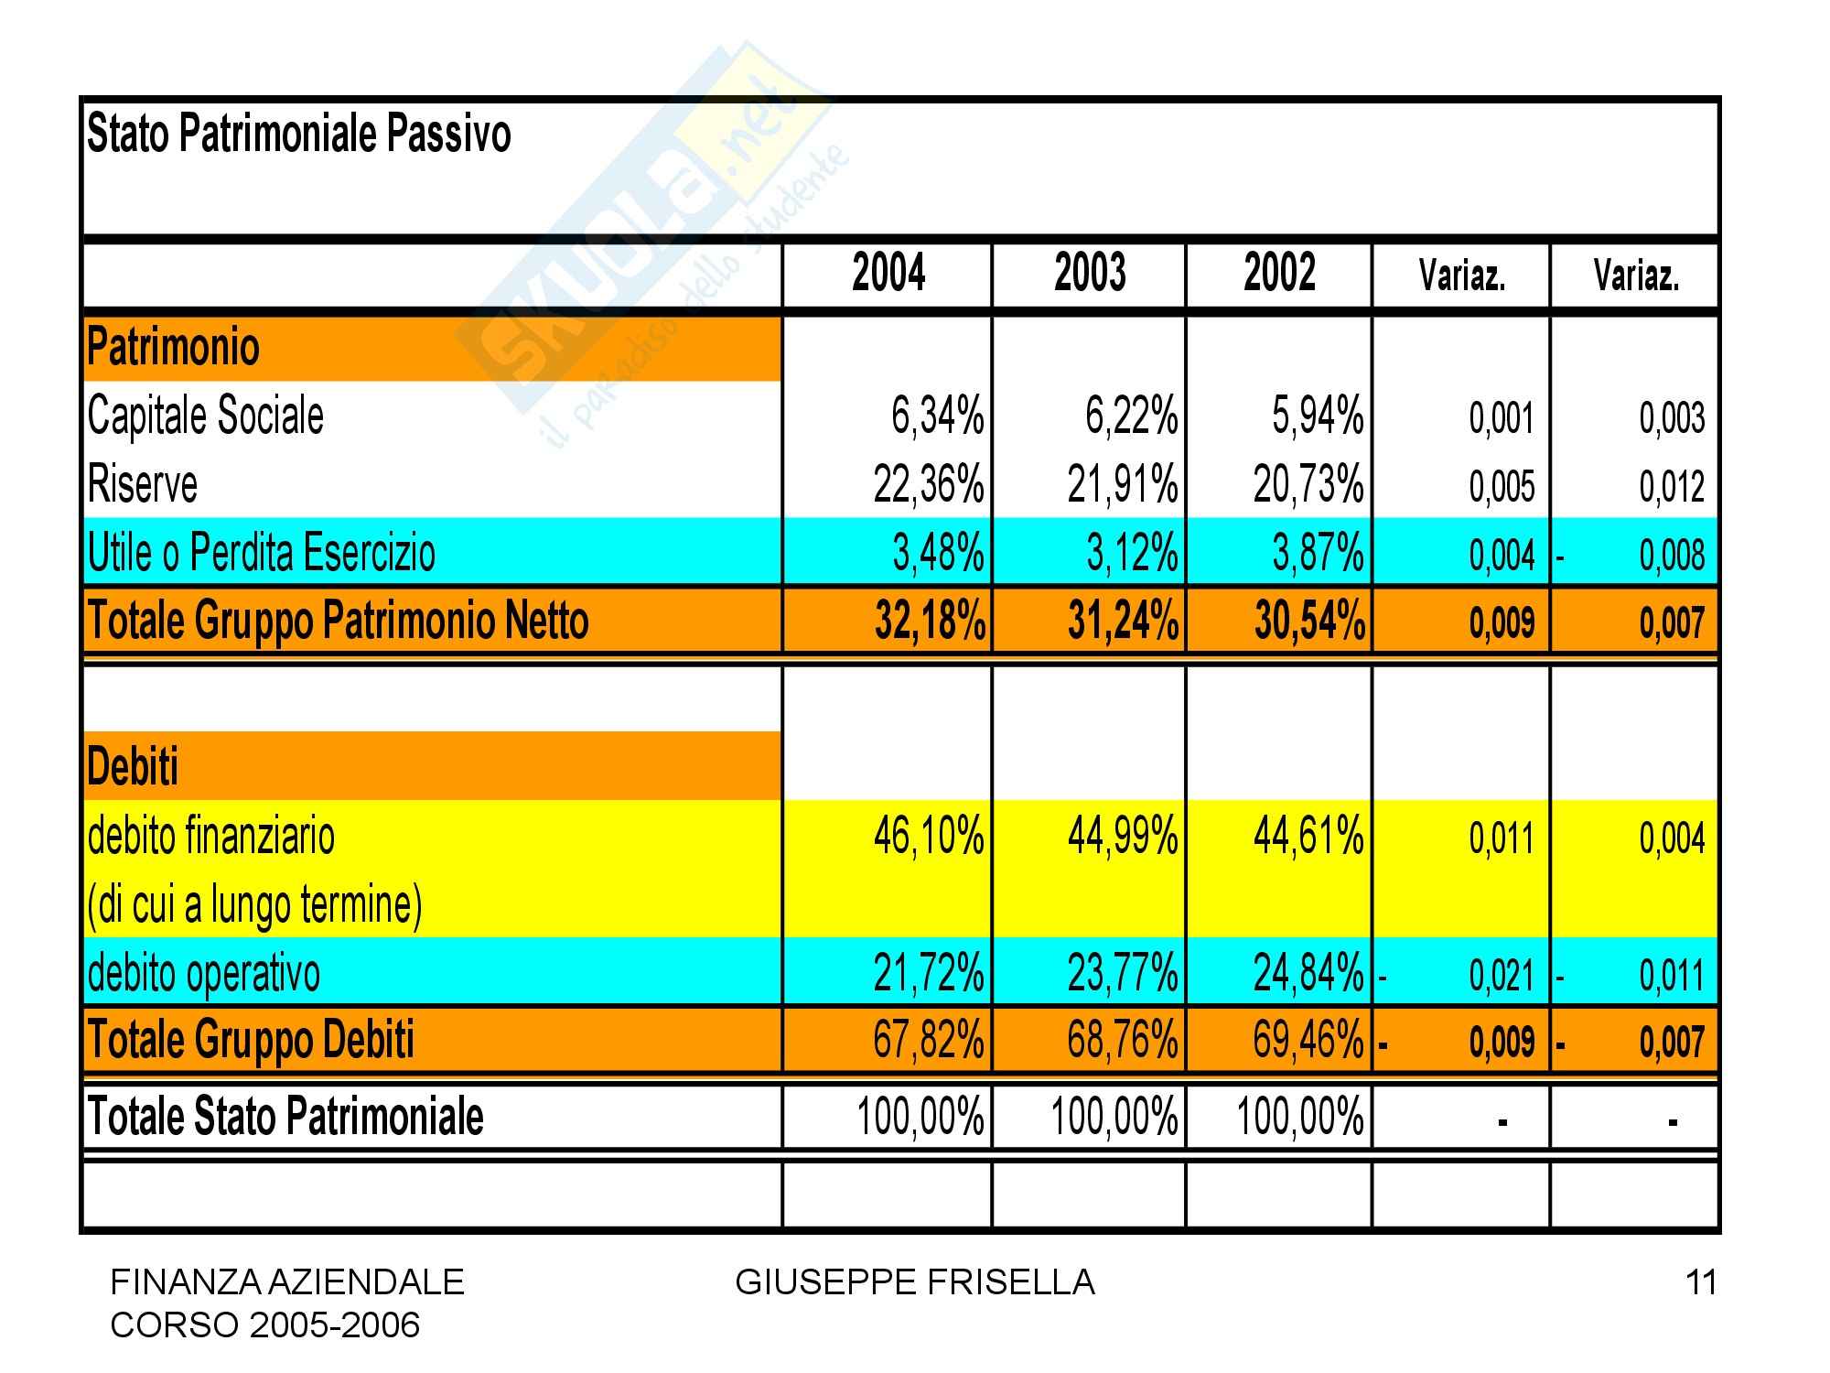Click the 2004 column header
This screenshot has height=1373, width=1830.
pyautogui.click(x=888, y=274)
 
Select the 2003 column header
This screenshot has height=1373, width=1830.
pyautogui.click(x=1090, y=274)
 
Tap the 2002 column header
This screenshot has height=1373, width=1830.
pyautogui.click(x=1279, y=274)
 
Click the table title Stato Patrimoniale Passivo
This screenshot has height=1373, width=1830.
pyautogui.click(x=298, y=135)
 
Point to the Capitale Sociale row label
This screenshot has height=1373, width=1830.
pyautogui.click(x=206, y=416)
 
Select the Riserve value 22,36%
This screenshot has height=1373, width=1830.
pyautogui.click(x=929, y=484)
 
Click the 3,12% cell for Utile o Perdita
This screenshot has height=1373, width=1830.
pyautogui.click(x=1132, y=553)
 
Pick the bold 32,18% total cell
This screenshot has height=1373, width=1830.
pyautogui.click(x=930, y=622)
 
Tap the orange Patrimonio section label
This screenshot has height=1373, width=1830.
pyautogui.click(x=174, y=348)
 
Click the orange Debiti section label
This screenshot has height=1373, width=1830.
pyautogui.click(x=133, y=766)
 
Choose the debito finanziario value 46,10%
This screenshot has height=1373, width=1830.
pyautogui.click(x=929, y=837)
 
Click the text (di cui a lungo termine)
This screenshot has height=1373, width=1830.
pyautogui.click(x=254, y=905)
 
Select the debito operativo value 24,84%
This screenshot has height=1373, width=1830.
pyautogui.click(x=1308, y=973)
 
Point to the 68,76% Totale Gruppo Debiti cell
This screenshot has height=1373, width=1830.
pyautogui.click(x=1123, y=1041)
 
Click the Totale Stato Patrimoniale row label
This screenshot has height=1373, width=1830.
pyautogui.click(x=285, y=1117)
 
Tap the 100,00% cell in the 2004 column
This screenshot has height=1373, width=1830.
pyautogui.click(x=920, y=1118)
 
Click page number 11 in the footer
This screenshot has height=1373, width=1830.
pyautogui.click(x=1700, y=1283)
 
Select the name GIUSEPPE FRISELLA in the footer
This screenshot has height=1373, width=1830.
pyautogui.click(x=915, y=1283)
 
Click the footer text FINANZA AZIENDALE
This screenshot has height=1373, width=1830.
pyautogui.click(x=287, y=1283)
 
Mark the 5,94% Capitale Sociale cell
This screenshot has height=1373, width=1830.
pyautogui.click(x=1318, y=416)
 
